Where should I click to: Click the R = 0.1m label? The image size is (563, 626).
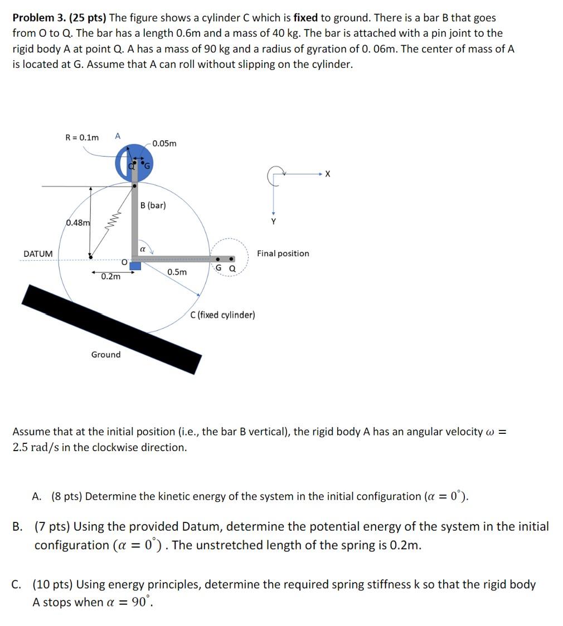[x=82, y=137]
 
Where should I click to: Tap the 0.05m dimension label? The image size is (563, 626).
[x=164, y=143]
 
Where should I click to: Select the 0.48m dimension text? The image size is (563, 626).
[x=77, y=223]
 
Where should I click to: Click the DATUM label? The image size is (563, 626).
[x=38, y=254]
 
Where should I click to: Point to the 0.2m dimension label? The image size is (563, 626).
[x=110, y=276]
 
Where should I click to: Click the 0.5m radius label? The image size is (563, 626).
[x=177, y=272]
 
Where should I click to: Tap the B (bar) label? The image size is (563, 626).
[x=153, y=205]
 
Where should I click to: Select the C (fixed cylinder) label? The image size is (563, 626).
[x=222, y=315]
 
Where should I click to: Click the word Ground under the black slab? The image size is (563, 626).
[x=105, y=355]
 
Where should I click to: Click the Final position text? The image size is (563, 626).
[x=283, y=253]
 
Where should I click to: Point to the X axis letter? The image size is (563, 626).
[x=327, y=174]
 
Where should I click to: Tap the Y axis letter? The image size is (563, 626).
[x=273, y=222]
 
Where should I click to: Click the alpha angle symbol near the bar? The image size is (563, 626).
[x=143, y=250]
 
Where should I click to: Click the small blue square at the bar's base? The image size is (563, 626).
[x=135, y=266]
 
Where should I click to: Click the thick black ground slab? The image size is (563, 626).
[x=111, y=329]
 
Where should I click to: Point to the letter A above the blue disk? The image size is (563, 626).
[x=118, y=136]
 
